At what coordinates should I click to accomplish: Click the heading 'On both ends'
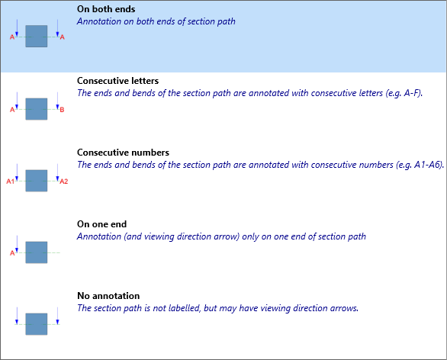[106, 9]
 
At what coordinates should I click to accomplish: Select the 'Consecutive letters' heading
[117, 81]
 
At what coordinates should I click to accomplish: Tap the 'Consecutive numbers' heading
[123, 153]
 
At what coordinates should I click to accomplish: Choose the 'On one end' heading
[101, 224]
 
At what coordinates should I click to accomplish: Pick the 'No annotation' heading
[108, 296]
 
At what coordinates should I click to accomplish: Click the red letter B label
[62, 110]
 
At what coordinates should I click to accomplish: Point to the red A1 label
[10, 182]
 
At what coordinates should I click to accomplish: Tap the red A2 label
[64, 182]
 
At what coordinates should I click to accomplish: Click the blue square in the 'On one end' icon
[37, 252]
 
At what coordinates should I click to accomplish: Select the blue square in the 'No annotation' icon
[37, 324]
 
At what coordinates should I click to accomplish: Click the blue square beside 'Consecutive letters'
[37, 109]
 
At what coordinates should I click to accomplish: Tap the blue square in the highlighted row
[37, 36]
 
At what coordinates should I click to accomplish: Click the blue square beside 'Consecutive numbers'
[37, 181]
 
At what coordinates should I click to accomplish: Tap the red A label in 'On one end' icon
[12, 253]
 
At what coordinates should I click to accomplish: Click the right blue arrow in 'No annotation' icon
[57, 316]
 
